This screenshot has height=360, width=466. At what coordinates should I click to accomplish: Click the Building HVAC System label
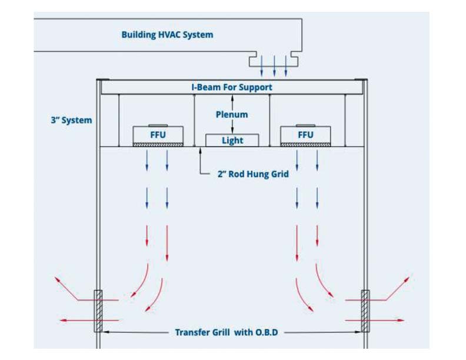click(167, 35)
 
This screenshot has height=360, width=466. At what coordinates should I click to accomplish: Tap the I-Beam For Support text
click(232, 87)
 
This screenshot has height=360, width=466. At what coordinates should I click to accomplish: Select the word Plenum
click(232, 115)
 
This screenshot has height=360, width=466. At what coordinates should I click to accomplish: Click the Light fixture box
click(232, 140)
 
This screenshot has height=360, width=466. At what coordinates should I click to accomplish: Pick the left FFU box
click(158, 135)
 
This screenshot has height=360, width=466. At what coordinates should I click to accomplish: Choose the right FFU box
click(305, 135)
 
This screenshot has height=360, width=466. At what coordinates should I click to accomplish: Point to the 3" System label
click(71, 120)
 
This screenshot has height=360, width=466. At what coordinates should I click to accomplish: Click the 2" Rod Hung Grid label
click(252, 174)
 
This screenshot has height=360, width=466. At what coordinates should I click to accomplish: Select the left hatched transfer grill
click(98, 311)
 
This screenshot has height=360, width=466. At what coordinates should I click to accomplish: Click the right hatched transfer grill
click(365, 311)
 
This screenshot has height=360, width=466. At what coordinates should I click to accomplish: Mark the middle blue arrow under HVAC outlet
click(274, 66)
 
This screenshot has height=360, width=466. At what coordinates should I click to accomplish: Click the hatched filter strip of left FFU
click(158, 144)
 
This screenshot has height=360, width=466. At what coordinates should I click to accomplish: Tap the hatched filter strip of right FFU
click(305, 144)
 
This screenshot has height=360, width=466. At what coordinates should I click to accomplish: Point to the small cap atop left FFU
click(158, 125)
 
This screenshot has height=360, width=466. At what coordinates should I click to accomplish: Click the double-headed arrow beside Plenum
click(232, 115)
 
